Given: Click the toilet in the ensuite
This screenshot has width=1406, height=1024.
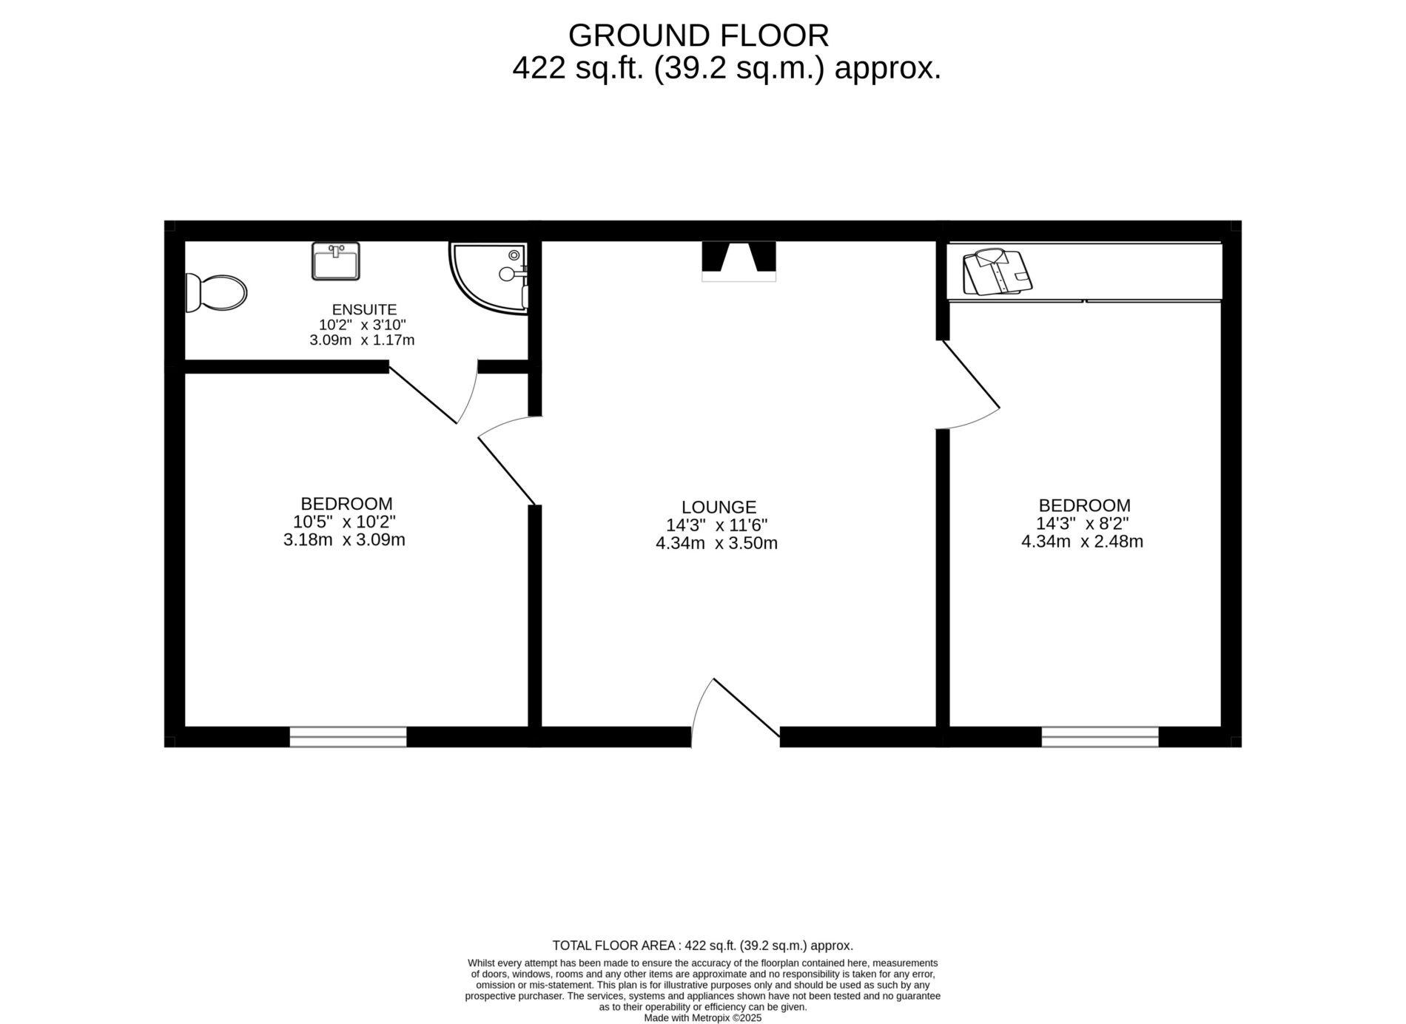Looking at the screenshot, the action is pyautogui.click(x=215, y=293).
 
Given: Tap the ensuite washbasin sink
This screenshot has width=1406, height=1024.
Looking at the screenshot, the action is pyautogui.click(x=336, y=261).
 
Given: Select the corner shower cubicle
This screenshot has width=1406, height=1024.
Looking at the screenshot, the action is pyautogui.click(x=489, y=277).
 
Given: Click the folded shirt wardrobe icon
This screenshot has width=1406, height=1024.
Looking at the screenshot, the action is pyautogui.click(x=997, y=272).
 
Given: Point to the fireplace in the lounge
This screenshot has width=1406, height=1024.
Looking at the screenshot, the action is pyautogui.click(x=739, y=261).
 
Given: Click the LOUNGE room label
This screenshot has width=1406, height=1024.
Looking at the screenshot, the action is pyautogui.click(x=719, y=508).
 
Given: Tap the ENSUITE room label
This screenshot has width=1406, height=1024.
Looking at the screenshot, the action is pyautogui.click(x=364, y=309).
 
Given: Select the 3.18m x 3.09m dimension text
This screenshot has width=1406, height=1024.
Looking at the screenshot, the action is pyautogui.click(x=344, y=540).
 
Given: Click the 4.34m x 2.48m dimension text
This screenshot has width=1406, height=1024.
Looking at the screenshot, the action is pyautogui.click(x=1082, y=542).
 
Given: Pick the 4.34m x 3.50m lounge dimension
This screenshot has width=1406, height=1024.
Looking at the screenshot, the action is pyautogui.click(x=716, y=544).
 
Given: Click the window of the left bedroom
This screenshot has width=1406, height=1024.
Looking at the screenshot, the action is pyautogui.click(x=348, y=737).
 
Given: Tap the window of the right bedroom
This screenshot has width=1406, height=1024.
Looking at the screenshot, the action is pyautogui.click(x=1100, y=737).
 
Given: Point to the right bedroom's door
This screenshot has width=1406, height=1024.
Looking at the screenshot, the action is pyautogui.click(x=969, y=374).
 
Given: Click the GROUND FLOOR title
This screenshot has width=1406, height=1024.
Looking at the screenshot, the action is pyautogui.click(x=698, y=36).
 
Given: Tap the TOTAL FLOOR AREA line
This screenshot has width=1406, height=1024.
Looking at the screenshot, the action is pyautogui.click(x=702, y=946).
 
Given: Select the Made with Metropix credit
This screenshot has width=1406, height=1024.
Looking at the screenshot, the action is pyautogui.click(x=702, y=1018).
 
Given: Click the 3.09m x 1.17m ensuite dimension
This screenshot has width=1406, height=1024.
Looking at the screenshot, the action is pyautogui.click(x=362, y=340).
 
